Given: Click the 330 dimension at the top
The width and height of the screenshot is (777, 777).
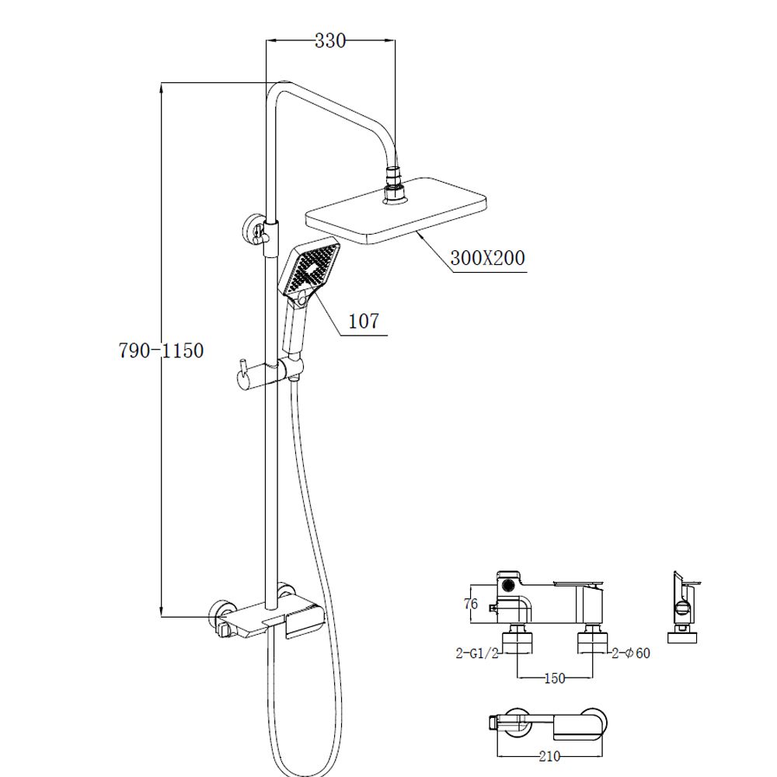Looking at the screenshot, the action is point(330,40).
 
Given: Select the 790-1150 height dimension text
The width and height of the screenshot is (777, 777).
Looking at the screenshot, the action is point(162,350).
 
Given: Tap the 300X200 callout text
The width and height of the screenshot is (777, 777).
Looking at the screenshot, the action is point(488,258).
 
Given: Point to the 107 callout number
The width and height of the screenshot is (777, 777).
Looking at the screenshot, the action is point(364,321).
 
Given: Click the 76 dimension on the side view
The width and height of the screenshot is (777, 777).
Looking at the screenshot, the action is point(471,604).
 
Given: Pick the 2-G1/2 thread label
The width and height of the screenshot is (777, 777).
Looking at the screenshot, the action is point(477,653).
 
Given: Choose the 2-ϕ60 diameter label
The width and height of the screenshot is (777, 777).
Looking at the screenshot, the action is point(631,653).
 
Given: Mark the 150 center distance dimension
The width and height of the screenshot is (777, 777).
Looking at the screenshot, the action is point(555,678).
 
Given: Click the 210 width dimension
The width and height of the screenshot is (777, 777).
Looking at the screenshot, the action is point(549,756).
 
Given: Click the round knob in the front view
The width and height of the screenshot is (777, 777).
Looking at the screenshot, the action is point(508,585).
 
